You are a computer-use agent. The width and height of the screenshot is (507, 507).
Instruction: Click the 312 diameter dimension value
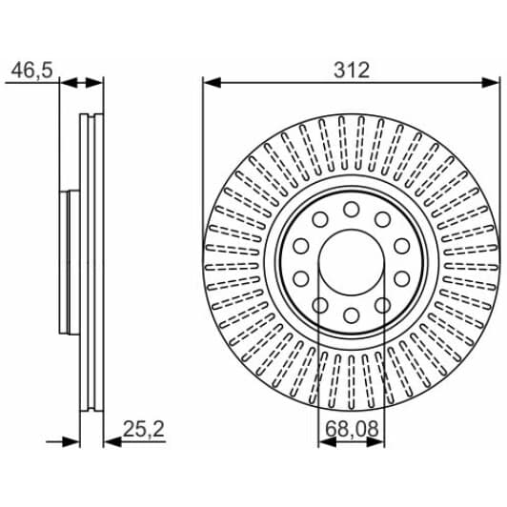[x=352, y=71]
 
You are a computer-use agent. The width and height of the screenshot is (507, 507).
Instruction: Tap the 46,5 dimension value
[x=31, y=71]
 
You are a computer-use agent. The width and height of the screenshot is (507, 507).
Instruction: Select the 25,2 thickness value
[x=144, y=429]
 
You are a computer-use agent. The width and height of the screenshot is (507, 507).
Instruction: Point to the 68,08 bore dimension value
[x=352, y=429]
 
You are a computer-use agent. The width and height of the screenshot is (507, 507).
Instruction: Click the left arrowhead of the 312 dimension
[x=212, y=83]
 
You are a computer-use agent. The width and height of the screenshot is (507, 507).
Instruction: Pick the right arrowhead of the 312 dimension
[x=491, y=83]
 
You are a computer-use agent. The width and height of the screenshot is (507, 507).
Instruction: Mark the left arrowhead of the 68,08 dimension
[x=327, y=442]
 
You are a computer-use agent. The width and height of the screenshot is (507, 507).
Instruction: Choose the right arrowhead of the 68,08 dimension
[x=376, y=442]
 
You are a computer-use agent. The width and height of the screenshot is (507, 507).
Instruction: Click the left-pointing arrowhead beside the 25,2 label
[x=112, y=441]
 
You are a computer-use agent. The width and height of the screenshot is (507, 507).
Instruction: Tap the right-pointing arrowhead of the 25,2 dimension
[x=71, y=441]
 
